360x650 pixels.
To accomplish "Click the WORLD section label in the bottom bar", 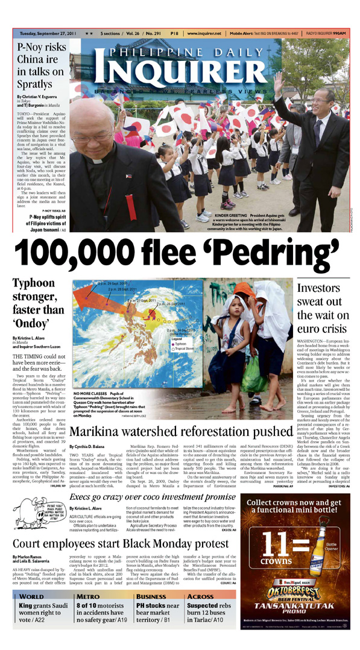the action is (x=33, y=594).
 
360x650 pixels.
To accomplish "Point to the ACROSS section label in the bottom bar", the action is (x=200, y=594).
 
